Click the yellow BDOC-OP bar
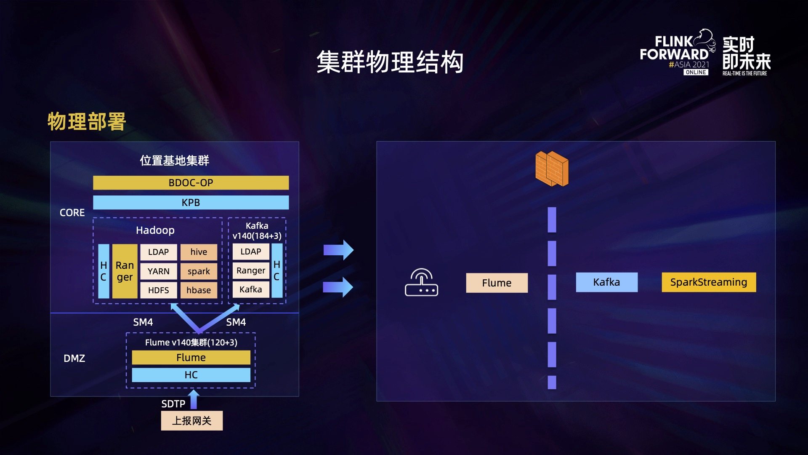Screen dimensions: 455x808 191,183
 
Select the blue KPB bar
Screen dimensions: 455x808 191,203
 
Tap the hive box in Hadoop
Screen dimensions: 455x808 199,252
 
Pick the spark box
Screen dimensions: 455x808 199,271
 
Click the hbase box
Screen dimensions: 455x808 199,290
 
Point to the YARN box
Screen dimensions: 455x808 158,271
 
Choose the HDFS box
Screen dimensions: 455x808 158,290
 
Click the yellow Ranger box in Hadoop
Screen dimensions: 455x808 125,271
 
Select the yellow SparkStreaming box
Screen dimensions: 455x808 709,282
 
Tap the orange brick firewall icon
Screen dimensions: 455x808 552,169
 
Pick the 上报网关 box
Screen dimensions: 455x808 192,421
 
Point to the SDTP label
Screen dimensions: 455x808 173,404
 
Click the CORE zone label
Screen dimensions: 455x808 72,213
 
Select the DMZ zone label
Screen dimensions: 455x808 74,359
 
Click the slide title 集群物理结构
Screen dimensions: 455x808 390,62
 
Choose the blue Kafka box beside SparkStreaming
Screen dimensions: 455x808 606,282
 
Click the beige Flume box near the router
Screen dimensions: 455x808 497,283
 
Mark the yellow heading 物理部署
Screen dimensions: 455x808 87,122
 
